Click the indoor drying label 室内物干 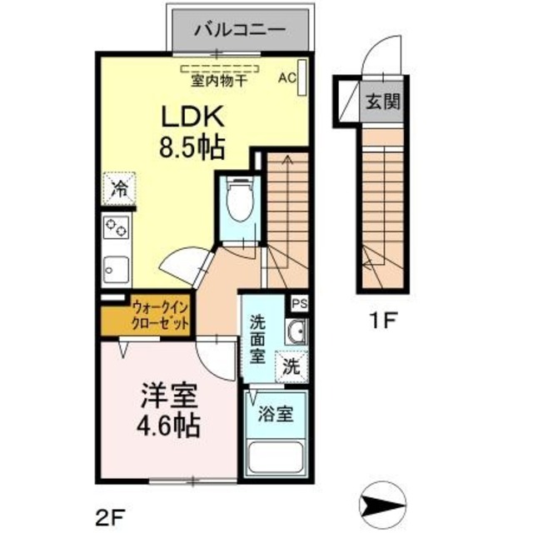click(x=220, y=82)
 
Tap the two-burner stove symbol click(x=117, y=227)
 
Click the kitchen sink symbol click(x=116, y=268)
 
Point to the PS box click(x=299, y=303)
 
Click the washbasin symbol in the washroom click(x=294, y=334)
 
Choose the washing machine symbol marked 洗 click(x=291, y=365)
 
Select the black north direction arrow click(x=382, y=505)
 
